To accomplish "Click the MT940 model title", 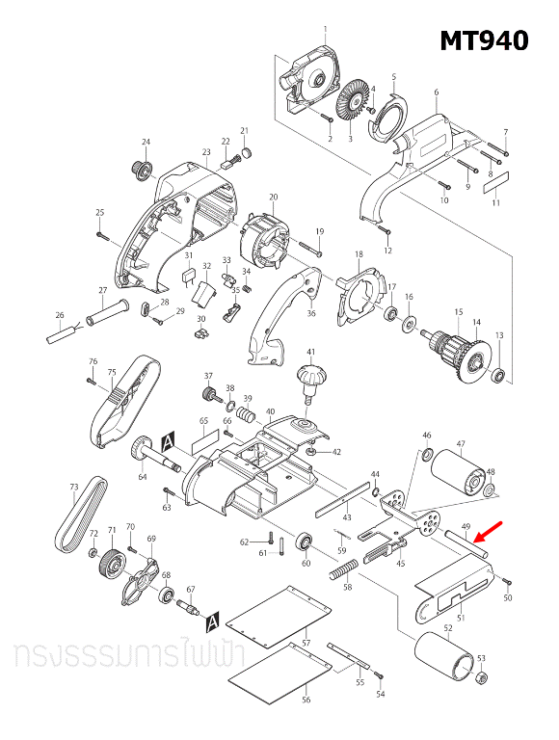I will (x=484, y=40).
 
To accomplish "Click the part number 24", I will (x=146, y=143).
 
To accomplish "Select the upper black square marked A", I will (x=168, y=438).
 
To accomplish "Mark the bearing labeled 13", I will (x=498, y=374).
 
